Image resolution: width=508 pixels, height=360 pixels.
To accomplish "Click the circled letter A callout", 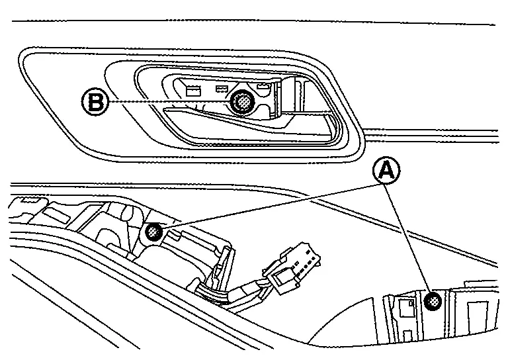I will coord(386,171).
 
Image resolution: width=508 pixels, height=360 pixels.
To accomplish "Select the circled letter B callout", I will coord(95,102).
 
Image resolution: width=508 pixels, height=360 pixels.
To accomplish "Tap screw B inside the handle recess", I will coord(243,102).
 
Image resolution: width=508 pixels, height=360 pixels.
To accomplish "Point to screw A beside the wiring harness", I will coord(154,232).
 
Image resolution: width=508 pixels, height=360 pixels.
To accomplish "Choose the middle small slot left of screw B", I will coord(222,89).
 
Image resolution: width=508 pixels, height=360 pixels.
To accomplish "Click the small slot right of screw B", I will coord(263,87).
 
